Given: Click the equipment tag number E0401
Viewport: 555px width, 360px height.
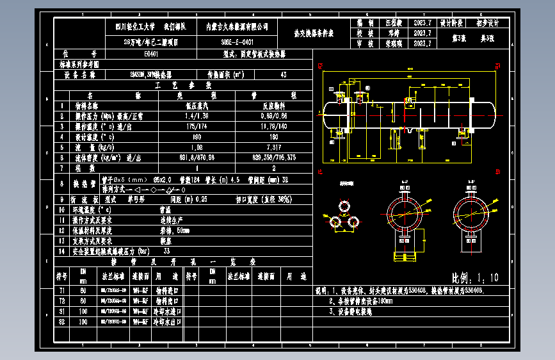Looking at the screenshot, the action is point(152,54).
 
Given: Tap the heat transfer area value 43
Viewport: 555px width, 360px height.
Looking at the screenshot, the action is point(284,75).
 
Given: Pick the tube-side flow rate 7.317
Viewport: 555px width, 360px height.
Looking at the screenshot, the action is point(275,147).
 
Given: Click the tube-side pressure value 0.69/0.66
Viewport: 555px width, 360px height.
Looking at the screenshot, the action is point(275,117).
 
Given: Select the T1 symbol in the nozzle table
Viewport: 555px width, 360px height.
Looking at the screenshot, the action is point(62,290).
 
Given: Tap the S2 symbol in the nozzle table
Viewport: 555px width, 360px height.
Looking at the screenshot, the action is point(62,322).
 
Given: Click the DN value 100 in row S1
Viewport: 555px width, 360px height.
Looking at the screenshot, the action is point(83,311).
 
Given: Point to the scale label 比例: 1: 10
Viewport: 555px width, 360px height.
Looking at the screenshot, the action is point(475,277).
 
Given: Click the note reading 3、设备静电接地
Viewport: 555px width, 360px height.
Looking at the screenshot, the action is point(351,313).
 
